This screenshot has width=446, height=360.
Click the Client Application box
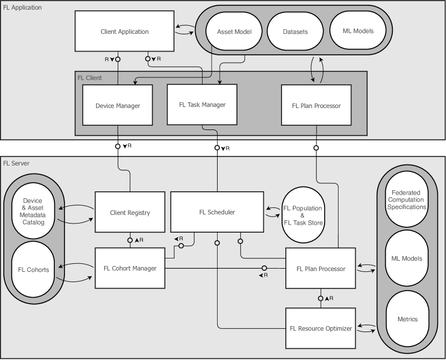tap(124, 32)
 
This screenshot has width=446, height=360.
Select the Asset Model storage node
tap(234, 32)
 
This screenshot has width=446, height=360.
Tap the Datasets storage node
tap(295, 32)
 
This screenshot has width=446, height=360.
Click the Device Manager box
tap(118, 106)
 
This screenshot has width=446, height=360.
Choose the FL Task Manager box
tap(202, 105)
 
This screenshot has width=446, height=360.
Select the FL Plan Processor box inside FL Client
tap(316, 105)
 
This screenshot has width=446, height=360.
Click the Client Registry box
tap(130, 212)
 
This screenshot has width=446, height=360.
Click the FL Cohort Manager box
tap(130, 268)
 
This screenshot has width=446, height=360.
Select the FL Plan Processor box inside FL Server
tap(321, 268)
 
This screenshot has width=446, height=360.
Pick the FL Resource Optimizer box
tap(321, 328)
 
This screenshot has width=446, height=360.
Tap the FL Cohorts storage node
tap(34, 269)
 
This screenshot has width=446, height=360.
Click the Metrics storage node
tap(407, 319)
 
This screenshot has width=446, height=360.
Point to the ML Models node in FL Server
tap(407, 258)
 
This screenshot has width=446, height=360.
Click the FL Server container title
tap(16, 163)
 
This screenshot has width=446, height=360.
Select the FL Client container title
tap(89, 77)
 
